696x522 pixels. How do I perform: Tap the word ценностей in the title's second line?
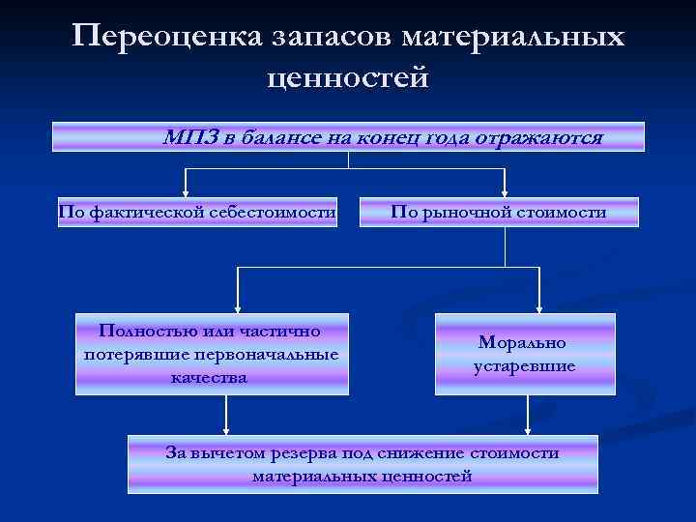pos(348,77)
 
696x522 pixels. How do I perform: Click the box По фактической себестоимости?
pos(197,212)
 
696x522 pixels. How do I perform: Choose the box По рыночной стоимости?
pos(499,212)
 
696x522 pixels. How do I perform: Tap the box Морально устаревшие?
pos(525,354)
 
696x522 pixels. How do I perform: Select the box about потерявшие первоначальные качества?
pos(212,354)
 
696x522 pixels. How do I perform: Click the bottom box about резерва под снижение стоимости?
pos(362,464)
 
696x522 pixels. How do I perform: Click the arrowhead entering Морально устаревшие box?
pos(538,308)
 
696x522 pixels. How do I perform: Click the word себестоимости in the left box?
pos(282,212)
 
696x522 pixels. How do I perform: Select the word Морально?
pos(524,342)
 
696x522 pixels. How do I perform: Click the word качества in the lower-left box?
pos(210,376)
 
